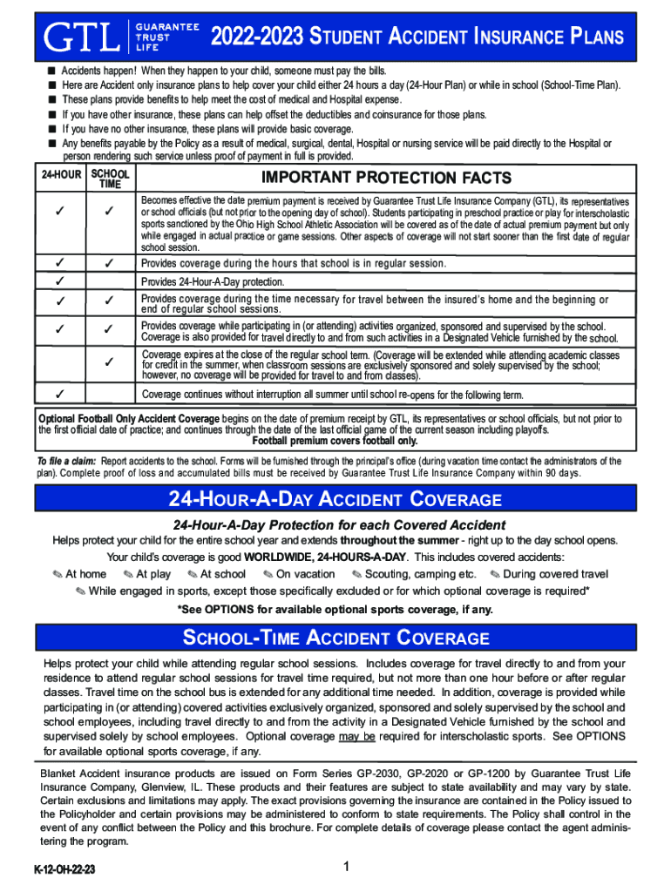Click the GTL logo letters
pyautogui.click(x=83, y=37)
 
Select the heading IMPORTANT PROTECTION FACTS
pyautogui.click(x=386, y=178)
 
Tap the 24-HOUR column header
pyautogui.click(x=60, y=175)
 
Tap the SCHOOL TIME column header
pyautogui.click(x=110, y=179)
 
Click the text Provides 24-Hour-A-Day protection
pyautogui.click(x=212, y=281)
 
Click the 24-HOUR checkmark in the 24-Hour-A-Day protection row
pyautogui.click(x=60, y=281)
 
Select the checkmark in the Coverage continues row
pyautogui.click(x=60, y=393)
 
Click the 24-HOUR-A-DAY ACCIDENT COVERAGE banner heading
pyautogui.click(x=335, y=500)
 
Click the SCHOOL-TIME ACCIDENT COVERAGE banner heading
pyautogui.click(x=335, y=639)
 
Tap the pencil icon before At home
pyautogui.click(x=57, y=574)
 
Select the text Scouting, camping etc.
pyautogui.click(x=420, y=574)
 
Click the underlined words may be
pyautogui.click(x=357, y=736)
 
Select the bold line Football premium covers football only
pyautogui.click(x=335, y=441)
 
